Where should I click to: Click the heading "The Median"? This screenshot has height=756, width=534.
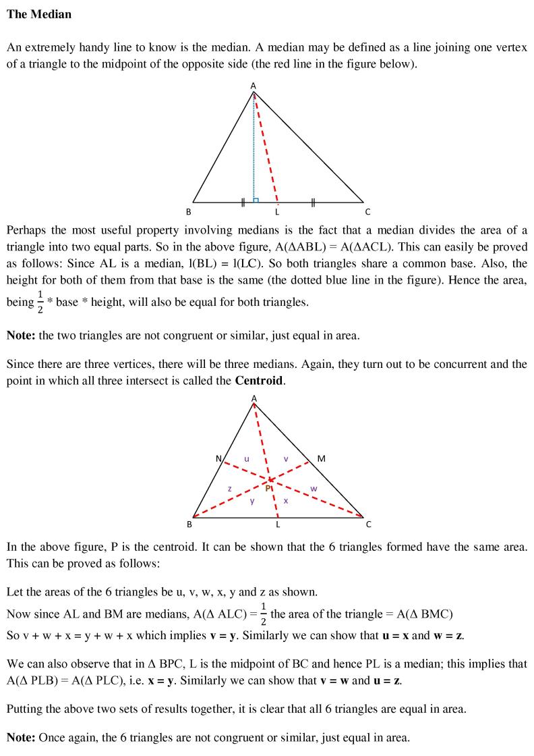click(x=38, y=13)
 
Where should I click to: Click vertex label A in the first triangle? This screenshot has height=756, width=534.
click(x=254, y=86)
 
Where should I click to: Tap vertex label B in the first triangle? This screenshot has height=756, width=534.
click(x=189, y=211)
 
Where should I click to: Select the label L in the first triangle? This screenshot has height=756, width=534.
click(x=277, y=211)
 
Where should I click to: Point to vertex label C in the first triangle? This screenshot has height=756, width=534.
click(x=367, y=211)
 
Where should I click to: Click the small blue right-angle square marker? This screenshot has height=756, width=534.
click(x=256, y=200)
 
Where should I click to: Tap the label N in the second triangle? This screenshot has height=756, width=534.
click(x=218, y=459)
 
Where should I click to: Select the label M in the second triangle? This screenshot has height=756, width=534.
click(x=321, y=459)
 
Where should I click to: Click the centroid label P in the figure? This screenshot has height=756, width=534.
click(x=267, y=487)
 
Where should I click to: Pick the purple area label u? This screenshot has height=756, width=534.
click(x=247, y=459)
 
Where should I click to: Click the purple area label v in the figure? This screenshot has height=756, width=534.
click(x=286, y=459)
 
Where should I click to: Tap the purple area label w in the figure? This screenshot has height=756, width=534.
click(x=313, y=488)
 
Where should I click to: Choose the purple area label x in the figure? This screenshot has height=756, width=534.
click(x=286, y=501)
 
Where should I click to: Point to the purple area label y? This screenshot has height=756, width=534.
click(x=252, y=501)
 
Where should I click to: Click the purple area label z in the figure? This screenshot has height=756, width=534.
click(x=229, y=488)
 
